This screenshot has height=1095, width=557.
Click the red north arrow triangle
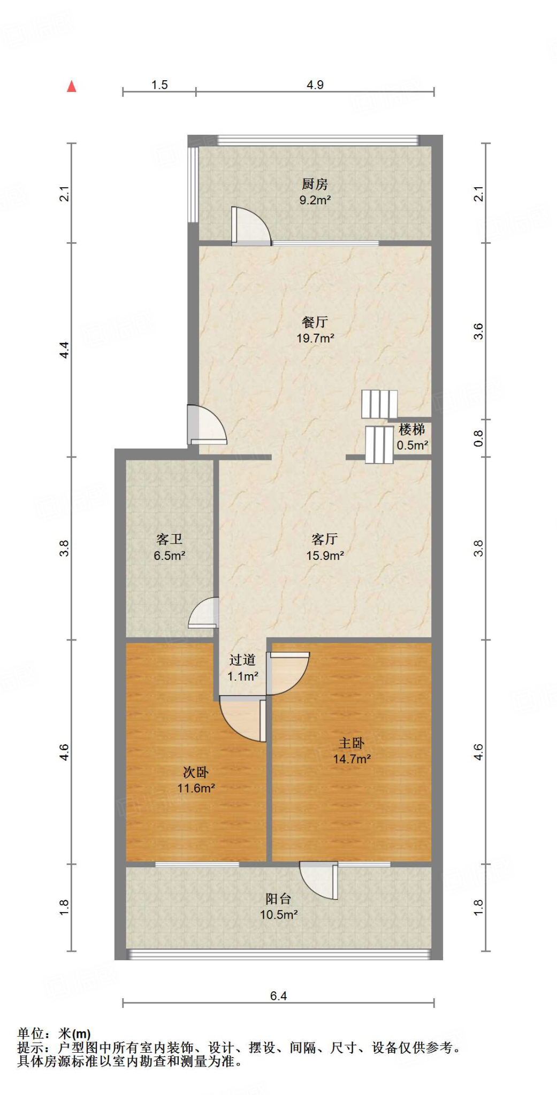click(x=72, y=87)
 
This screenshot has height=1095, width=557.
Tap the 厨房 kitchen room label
click(x=315, y=184)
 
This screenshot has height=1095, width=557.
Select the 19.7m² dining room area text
click(x=315, y=338)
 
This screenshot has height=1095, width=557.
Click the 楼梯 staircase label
click(x=412, y=429)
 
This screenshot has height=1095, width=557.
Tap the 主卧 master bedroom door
click(x=288, y=673)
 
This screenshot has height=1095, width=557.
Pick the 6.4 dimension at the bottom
click(x=278, y=996)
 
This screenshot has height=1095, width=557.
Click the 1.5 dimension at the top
click(x=159, y=85)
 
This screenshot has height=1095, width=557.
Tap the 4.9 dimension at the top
click(x=315, y=85)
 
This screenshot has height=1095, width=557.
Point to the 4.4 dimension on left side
click(x=64, y=350)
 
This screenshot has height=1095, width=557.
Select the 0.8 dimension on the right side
click(x=479, y=438)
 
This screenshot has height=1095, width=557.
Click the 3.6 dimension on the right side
click(x=479, y=331)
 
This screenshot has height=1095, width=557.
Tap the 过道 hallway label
click(x=242, y=660)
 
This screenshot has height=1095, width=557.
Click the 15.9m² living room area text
click(x=325, y=556)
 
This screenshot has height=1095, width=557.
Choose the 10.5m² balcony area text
click(x=279, y=915)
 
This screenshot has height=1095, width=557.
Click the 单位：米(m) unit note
click(x=54, y=1034)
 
